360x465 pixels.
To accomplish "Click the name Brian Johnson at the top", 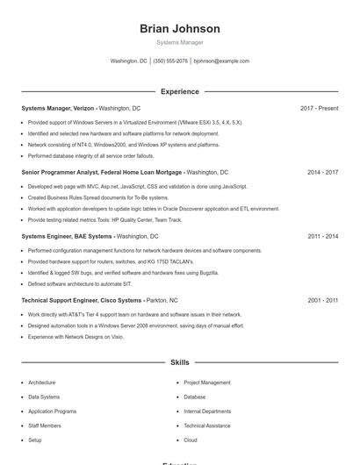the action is point(180,29).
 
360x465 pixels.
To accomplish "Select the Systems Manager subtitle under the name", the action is point(180,42).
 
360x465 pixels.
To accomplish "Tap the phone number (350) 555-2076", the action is point(170,61).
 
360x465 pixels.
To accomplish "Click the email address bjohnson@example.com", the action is point(222,61).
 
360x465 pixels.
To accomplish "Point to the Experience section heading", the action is point(180,91).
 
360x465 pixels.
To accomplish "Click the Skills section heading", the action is point(180,361).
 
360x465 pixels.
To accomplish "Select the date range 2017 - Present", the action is point(319,108).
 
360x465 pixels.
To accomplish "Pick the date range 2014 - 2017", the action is point(322,173).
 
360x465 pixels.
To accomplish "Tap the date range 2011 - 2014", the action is point(322,237).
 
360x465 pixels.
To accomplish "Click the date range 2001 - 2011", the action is point(322,301).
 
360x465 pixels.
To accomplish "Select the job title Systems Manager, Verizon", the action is point(57,108).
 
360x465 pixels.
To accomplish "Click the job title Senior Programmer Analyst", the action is point(66,173).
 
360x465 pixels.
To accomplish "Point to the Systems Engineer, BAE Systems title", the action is point(67,237).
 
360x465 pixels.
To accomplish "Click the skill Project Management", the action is point(207,383).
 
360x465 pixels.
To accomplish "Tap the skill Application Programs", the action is point(52,411).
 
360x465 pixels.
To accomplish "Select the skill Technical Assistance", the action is point(207,426).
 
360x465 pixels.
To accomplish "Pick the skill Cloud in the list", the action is point(191,440).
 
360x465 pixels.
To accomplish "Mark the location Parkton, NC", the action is point(162,301).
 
